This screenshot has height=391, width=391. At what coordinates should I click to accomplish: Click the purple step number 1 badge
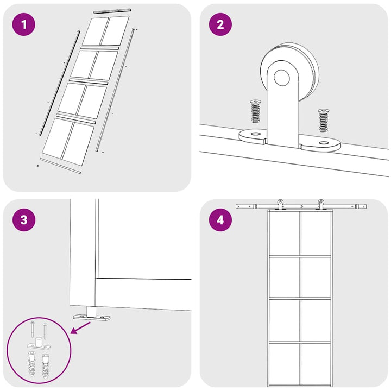(24, 24)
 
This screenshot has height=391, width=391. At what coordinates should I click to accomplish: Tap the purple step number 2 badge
(220, 24)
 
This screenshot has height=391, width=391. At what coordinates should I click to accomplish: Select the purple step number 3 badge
(24, 220)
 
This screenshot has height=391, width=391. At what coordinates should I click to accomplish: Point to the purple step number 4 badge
(220, 220)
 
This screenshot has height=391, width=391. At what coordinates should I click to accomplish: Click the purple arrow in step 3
(80, 327)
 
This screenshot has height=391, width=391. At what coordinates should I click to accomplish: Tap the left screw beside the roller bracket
(255, 111)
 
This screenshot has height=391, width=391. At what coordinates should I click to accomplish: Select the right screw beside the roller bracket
(324, 120)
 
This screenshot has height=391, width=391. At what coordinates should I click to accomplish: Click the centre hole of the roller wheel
(282, 78)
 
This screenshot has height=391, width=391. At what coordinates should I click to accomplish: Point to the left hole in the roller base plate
(255, 134)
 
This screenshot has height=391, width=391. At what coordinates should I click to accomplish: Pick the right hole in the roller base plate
(324, 143)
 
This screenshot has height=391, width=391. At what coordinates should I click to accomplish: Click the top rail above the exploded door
(112, 10)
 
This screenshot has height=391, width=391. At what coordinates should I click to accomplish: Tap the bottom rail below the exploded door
(60, 166)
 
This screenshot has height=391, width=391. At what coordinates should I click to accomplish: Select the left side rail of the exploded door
(60, 83)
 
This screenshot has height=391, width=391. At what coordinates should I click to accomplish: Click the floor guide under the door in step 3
(92, 315)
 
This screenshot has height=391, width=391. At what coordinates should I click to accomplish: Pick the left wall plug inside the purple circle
(31, 364)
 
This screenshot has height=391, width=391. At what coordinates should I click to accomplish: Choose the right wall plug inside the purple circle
(46, 366)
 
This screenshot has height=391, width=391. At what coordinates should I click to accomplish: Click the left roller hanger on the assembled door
(281, 205)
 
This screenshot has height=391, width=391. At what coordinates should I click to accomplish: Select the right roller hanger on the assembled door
(320, 205)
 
